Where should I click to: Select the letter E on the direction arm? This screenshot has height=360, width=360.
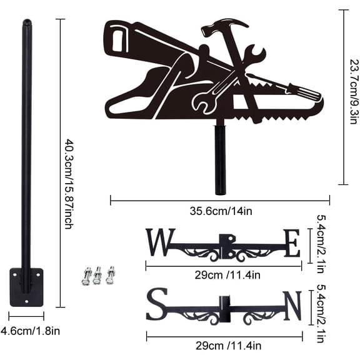click(x=291, y=243)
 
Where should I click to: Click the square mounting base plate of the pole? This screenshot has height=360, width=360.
click(x=26, y=287)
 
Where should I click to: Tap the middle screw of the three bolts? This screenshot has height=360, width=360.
click(x=97, y=275)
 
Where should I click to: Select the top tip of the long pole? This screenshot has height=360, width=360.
click(x=27, y=23)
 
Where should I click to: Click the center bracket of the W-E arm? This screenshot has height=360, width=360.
click(x=225, y=247)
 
